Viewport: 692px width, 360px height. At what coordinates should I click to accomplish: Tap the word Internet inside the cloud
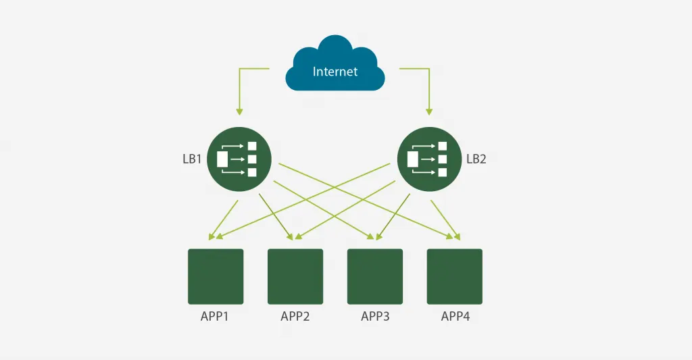click(x=335, y=72)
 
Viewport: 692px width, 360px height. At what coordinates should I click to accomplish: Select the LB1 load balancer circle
click(x=239, y=159)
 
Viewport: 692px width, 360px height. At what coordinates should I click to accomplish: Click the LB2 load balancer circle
click(x=429, y=159)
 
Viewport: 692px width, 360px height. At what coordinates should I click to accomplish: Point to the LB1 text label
click(x=192, y=159)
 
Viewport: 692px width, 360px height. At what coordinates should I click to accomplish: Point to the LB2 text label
click(x=476, y=159)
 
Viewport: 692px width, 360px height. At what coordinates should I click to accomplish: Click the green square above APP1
click(x=216, y=277)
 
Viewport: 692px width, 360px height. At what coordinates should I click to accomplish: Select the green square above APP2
click(x=295, y=277)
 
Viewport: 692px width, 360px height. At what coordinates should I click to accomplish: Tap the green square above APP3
click(x=375, y=277)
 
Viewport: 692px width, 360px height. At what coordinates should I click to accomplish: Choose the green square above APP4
click(x=455, y=277)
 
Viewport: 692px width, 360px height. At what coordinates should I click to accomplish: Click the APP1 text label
click(x=214, y=316)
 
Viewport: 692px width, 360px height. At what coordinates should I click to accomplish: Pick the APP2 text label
click(x=295, y=316)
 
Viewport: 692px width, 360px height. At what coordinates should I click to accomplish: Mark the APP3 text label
click(x=375, y=316)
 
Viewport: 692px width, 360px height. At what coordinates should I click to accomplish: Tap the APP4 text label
click(x=455, y=316)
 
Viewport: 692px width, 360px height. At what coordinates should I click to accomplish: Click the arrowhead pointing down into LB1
click(x=239, y=111)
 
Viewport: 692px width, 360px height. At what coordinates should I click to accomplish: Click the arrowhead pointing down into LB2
click(x=429, y=111)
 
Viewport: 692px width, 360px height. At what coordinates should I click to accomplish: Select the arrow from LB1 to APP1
click(x=223, y=220)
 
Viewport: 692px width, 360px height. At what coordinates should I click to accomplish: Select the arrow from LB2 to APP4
click(x=446, y=220)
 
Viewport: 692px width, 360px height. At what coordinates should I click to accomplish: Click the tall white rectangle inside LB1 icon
click(x=222, y=159)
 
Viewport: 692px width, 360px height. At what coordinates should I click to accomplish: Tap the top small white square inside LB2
click(x=443, y=146)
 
